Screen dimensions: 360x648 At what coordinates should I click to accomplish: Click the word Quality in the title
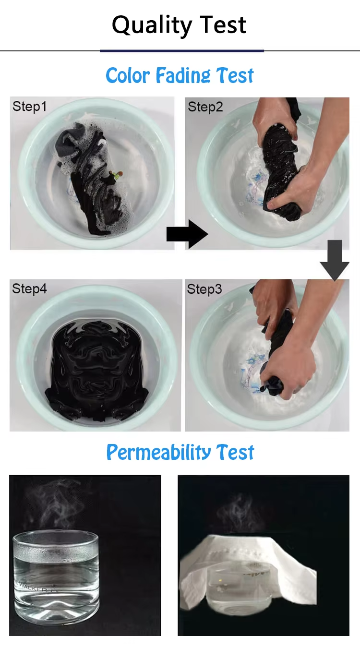click(152, 25)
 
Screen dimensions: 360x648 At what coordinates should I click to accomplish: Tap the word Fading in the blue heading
click(183, 76)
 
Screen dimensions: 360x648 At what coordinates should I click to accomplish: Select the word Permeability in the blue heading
click(158, 453)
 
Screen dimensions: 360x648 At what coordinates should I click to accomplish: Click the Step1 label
click(29, 107)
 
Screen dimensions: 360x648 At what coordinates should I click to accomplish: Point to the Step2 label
click(205, 108)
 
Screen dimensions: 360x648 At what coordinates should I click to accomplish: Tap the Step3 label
click(204, 289)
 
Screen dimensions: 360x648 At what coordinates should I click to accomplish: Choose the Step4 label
click(29, 289)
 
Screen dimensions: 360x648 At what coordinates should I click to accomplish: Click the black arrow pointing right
click(187, 234)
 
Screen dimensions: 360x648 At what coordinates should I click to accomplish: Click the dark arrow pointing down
click(335, 260)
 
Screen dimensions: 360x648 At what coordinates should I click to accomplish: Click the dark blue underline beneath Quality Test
click(182, 51)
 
